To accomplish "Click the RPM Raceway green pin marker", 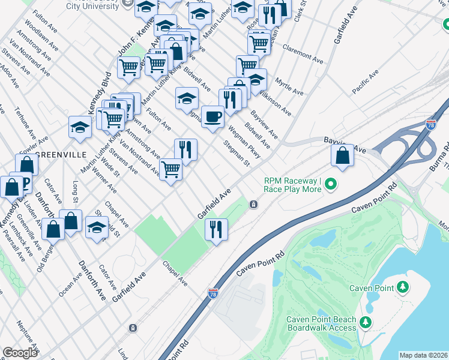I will click(330, 184).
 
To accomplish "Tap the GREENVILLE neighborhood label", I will click(62, 154).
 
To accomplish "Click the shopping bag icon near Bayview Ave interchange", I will click(342, 155).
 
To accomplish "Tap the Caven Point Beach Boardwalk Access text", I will click(321, 323).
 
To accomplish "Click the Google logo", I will click(20, 352).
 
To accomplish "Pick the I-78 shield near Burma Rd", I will click(430, 125).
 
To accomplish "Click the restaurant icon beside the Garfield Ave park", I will click(216, 229).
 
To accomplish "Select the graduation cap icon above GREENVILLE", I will click(80, 127).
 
